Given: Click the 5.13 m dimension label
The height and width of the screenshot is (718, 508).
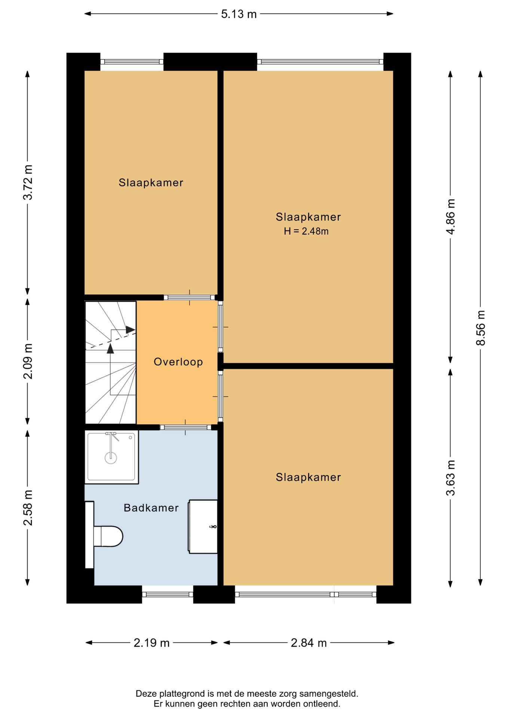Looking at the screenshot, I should [x=239, y=14].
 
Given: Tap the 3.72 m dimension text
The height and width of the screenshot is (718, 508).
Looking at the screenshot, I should [x=28, y=182].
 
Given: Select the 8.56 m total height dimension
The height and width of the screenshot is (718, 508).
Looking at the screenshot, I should [x=481, y=328].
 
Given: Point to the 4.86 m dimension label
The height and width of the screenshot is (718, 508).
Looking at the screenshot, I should [x=451, y=217].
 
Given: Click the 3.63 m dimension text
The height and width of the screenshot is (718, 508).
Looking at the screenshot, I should [x=451, y=478].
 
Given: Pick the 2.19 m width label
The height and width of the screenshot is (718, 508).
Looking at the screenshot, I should [x=152, y=643].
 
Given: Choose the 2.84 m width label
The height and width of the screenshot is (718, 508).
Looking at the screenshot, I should [x=309, y=643].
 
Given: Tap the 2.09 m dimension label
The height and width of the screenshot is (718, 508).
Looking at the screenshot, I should [x=28, y=361].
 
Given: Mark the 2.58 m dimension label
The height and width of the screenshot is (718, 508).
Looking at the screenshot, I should [x=28, y=507].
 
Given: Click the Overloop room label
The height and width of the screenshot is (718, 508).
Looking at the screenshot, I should [x=178, y=362].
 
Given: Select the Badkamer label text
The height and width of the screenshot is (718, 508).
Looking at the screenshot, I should [x=151, y=508].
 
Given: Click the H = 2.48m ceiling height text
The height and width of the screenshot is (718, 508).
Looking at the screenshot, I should [x=306, y=231].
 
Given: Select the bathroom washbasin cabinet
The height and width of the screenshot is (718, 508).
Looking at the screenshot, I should [x=203, y=527].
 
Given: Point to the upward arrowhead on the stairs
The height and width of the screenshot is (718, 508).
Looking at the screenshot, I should [x=110, y=349].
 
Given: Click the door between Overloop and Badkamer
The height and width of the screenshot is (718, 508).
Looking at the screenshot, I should [x=186, y=427].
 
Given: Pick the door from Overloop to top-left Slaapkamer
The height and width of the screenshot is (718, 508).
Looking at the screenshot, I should [x=189, y=298].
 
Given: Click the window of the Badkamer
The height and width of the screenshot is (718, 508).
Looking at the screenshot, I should [x=168, y=594].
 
